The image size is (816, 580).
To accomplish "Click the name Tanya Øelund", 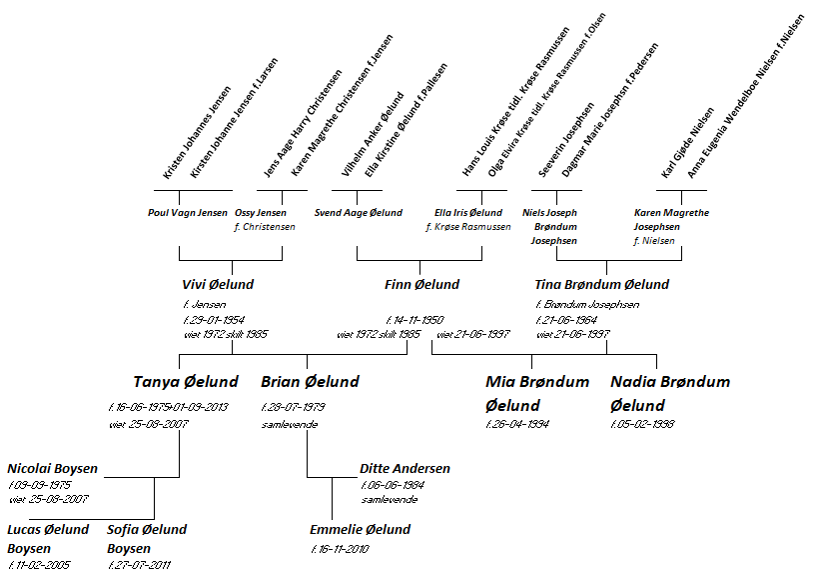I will (186, 382).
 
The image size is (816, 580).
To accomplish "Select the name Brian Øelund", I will (310, 382).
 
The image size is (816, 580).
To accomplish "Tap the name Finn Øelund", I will (421, 285).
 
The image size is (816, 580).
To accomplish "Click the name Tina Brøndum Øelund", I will (602, 285).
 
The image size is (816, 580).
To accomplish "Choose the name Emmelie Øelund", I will (361, 530).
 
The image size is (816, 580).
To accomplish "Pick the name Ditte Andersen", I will (405, 468).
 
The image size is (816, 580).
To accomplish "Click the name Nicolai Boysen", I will (53, 468).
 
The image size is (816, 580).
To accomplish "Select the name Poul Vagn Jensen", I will (187, 213).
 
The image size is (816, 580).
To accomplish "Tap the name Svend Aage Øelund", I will (358, 213).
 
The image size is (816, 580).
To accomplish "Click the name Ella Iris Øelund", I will (468, 213).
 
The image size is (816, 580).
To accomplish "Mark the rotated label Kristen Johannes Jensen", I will (196, 134).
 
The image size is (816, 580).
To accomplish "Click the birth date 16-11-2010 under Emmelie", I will (346, 549).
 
